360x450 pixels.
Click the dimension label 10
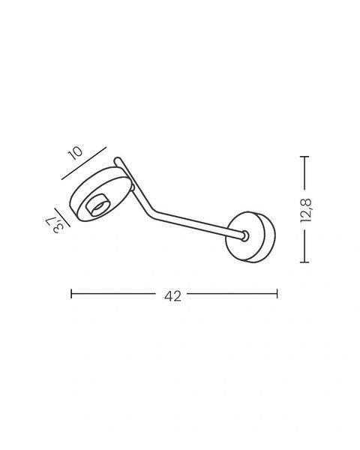click(75, 153)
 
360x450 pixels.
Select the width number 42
click(172, 296)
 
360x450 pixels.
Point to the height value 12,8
click(306, 210)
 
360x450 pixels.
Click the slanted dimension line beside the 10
click(84, 163)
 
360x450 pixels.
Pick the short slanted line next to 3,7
click(62, 217)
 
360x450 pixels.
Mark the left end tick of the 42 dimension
click(71, 293)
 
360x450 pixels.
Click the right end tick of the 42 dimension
click(277, 293)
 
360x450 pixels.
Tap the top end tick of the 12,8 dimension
click(304, 157)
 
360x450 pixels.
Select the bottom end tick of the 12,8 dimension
click(304, 262)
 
